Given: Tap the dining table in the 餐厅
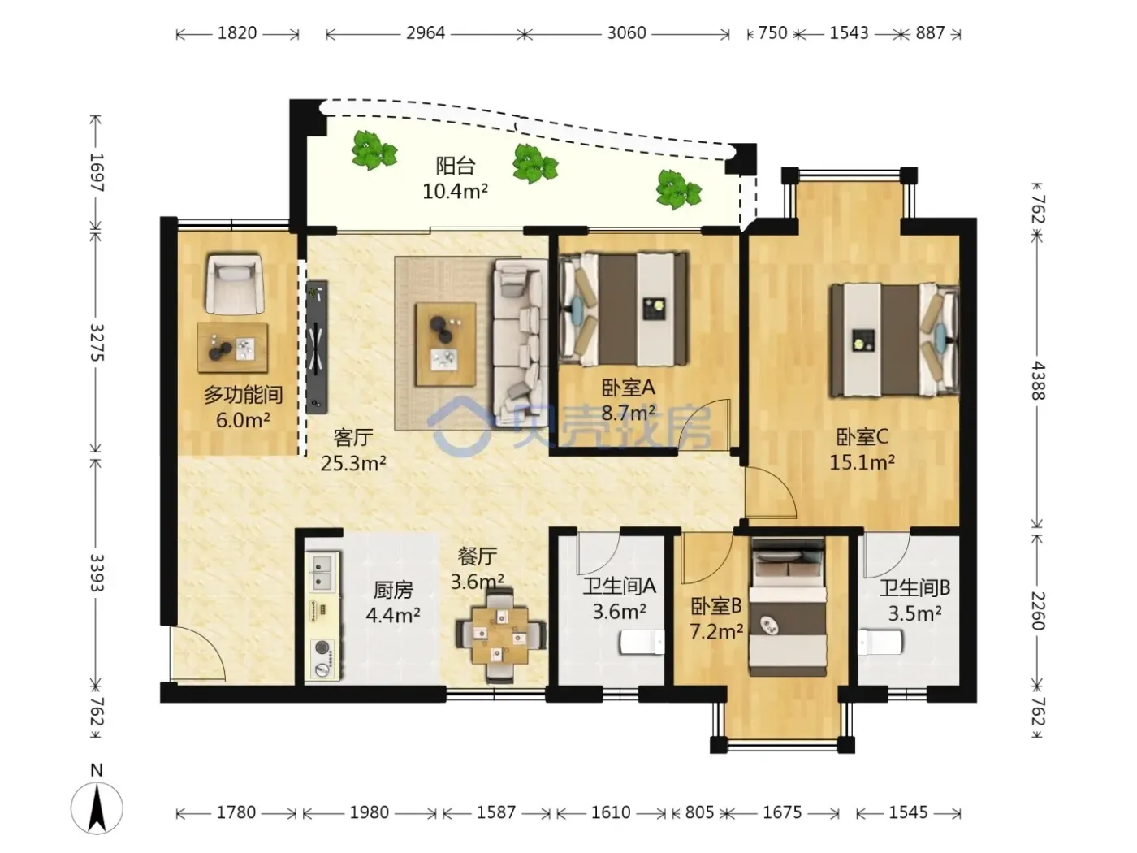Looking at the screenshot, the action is [x=500, y=634].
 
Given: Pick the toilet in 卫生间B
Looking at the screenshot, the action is [x=880, y=643].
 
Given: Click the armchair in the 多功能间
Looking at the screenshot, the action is [x=232, y=284].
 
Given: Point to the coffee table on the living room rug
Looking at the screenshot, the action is [x=446, y=344].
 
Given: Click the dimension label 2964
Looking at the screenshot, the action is [x=426, y=33].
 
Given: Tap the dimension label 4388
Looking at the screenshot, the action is [x=1038, y=381].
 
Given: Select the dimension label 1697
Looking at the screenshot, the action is [x=97, y=172].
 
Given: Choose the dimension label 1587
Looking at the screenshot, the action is [x=495, y=812].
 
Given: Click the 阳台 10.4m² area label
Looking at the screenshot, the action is [x=455, y=179].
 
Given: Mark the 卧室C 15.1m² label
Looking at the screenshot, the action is [x=862, y=449].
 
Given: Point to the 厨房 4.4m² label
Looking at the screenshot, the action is [x=392, y=602].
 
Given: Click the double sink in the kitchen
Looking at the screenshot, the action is [x=324, y=573].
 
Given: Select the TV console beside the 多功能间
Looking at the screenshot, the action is [x=317, y=347].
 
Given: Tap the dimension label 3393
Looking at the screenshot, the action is [x=97, y=572].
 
